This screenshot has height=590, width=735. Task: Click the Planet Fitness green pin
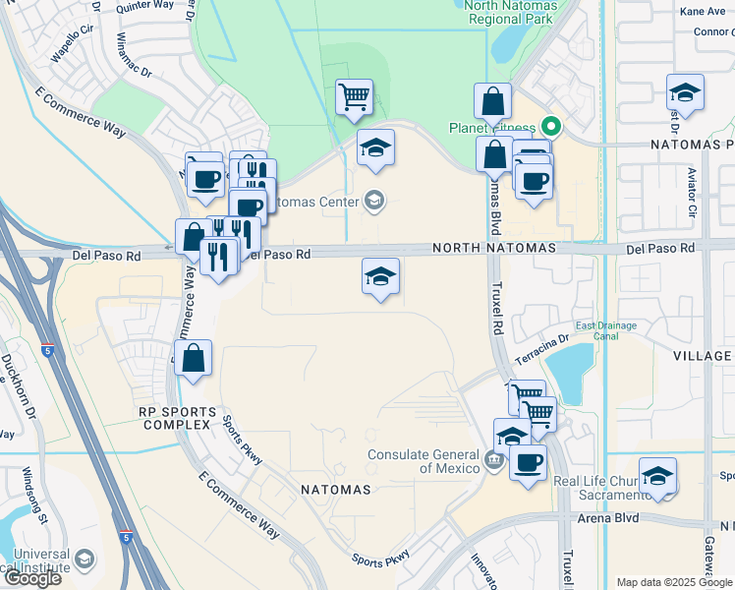point(551,127)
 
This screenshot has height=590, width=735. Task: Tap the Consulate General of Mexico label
point(424,461)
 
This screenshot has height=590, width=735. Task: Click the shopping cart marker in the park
point(354,97)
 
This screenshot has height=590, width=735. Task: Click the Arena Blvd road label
point(608,517)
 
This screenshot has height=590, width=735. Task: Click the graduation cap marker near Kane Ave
point(685,93)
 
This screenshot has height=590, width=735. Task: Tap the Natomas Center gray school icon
point(373,203)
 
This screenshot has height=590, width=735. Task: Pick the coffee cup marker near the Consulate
point(528,461)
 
